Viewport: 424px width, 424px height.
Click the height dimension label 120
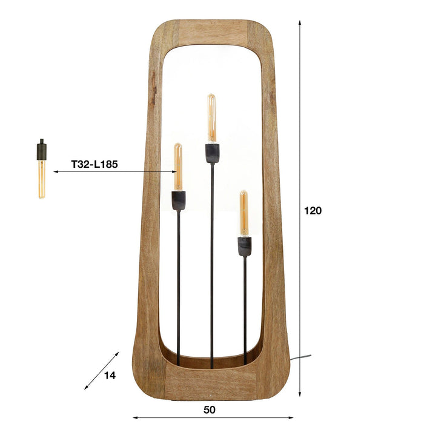pos(313,211)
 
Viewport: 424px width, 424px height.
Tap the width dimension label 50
pos(210,409)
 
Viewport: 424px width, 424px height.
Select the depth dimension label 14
pos(110,376)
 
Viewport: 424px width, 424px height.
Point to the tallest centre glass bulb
pos(211,118)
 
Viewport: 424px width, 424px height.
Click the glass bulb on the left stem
pos(178,167)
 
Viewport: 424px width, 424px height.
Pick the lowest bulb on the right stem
pos(243,213)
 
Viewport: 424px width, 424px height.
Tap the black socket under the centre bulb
pos(211,153)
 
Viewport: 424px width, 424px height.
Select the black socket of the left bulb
pos(178,200)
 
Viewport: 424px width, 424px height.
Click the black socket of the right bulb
pos(244,246)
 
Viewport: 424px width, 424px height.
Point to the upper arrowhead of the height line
pos(300,23)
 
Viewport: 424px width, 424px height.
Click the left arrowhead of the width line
pos(135,417)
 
